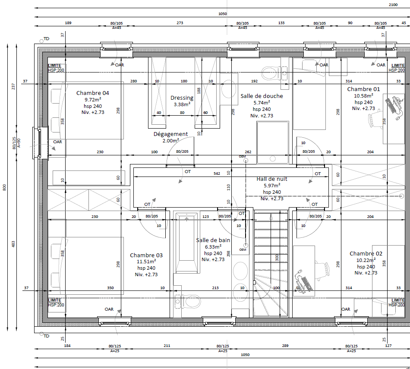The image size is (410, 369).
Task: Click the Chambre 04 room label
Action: coord(92,93)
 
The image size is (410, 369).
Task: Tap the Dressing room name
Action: coord(182,98)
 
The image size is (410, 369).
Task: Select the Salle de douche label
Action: coord(262,96)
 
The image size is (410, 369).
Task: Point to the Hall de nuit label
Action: coord(272,179)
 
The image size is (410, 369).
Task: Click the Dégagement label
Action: coord(170,134)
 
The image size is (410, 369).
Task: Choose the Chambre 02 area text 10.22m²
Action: coord(366,260)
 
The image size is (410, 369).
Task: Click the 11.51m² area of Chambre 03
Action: coord(146,261)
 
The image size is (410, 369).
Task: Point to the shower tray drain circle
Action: coord(273,158)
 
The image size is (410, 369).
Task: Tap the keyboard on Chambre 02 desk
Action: coord(306,284)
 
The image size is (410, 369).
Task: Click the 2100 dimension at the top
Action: coord(393,5)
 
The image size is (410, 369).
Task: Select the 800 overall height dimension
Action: coord(4,187)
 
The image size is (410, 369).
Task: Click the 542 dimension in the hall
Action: coord(217,173)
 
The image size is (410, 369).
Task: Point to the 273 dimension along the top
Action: coord(180,23)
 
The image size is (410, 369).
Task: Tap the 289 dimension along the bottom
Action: coord(285,345)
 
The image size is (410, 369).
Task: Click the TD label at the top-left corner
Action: coord(46,39)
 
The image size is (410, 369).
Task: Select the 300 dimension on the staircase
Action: coord(277,258)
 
